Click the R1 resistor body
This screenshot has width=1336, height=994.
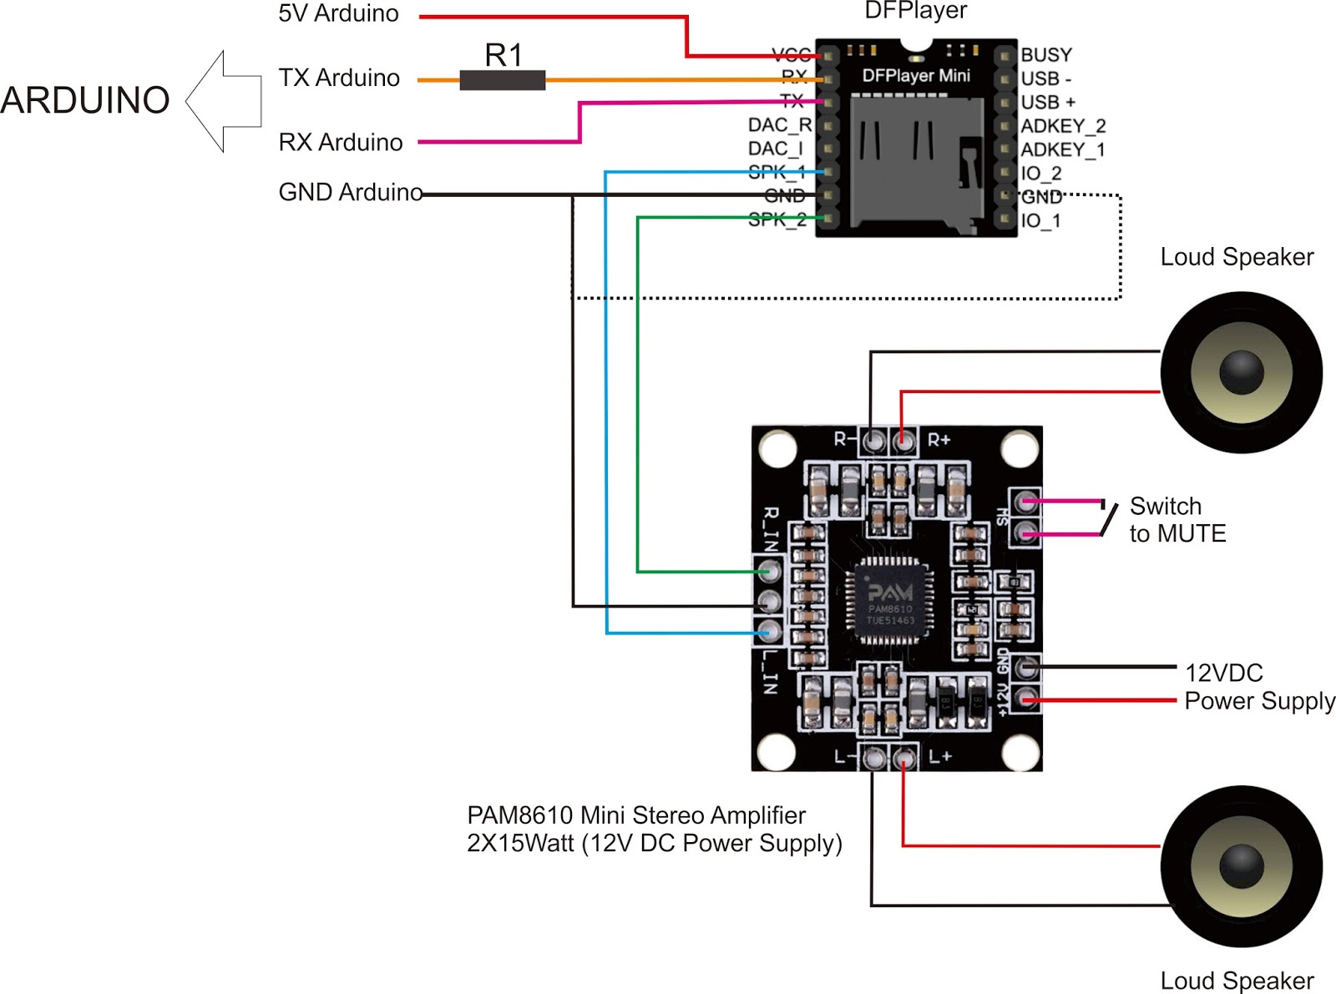[x=502, y=80]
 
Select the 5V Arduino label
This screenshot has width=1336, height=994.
[x=338, y=14]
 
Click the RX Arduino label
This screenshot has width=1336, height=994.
[x=341, y=143]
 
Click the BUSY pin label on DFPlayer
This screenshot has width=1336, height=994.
[x=1045, y=55]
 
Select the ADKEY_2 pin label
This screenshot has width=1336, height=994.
[x=1062, y=126]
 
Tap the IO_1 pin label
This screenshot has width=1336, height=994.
[x=1040, y=221]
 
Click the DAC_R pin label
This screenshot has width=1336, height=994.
[x=779, y=125]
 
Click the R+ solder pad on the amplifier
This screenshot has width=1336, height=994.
[x=902, y=440]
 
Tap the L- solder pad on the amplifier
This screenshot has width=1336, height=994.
[x=873, y=758]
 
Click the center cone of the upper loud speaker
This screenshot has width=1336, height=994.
[x=1242, y=372]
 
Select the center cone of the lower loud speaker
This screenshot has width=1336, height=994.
[x=1242, y=866]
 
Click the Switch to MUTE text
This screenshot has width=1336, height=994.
[x=1177, y=520]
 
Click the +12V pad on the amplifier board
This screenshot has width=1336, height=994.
[x=1026, y=699]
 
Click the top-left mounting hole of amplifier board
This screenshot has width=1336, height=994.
[x=777, y=448]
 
